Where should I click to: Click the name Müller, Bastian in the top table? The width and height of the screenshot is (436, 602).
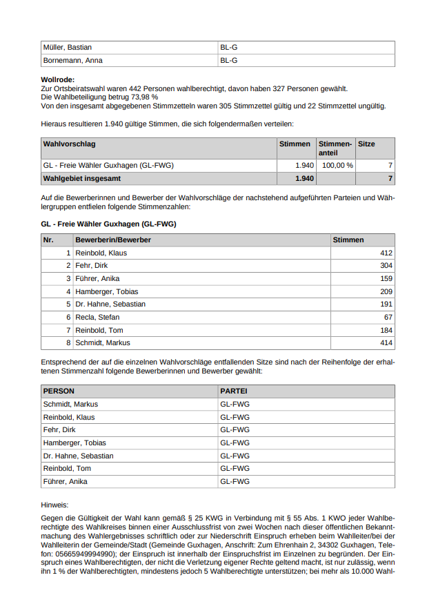pos(68,47)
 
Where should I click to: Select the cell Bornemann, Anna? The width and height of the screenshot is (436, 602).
pos(72,60)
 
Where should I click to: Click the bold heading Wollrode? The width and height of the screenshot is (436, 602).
pos(58,80)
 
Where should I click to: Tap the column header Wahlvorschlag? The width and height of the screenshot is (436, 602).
pos(69,144)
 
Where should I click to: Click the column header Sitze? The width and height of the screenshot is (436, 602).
pos(367,144)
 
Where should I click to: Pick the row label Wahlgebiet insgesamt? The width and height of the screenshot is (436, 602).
pos(81,179)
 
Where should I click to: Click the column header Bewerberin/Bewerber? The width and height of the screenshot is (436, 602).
pos(113,240)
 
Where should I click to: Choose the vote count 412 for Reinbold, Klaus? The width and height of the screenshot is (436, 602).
pos(386,253)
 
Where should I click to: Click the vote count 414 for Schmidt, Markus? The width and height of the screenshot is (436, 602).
pos(386,342)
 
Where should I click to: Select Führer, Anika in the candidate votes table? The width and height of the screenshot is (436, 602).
pos(97,278)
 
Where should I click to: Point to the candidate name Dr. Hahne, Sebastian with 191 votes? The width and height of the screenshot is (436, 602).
pos(110,304)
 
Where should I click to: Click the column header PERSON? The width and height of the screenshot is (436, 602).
pos(59,391)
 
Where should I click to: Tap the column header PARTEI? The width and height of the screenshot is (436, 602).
pos(233,391)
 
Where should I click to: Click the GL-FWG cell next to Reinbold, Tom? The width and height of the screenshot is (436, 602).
pos(235,469)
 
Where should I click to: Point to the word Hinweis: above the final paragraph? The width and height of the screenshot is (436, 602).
pos(55,505)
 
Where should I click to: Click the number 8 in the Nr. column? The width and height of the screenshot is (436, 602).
pos(68,342)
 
